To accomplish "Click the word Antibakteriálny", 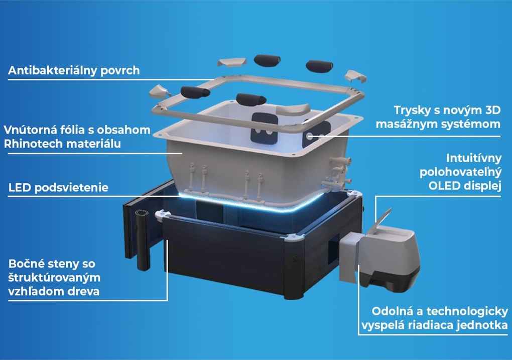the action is (53, 71).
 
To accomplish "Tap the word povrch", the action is (120, 71).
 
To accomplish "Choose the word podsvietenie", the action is (71, 188).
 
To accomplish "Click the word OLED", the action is (443, 186).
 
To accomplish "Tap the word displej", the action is (481, 186).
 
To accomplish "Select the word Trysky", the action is (412, 110).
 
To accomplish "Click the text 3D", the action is (493, 110).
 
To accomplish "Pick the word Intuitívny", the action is (474, 158).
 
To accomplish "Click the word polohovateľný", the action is (460, 172).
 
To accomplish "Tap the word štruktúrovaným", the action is (54, 278).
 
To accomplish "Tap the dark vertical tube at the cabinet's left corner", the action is (143, 240).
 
